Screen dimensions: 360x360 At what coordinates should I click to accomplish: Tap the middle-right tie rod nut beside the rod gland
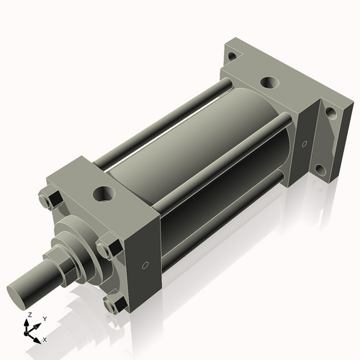pos(105,249)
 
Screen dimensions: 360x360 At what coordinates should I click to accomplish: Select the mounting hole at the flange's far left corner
pos(231,55)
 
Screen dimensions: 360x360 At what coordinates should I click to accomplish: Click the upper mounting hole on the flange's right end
pos(330,113)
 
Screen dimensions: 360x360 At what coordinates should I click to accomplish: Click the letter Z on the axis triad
pos(30,315)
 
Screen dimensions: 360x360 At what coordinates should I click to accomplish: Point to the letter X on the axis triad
pos(45,338)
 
